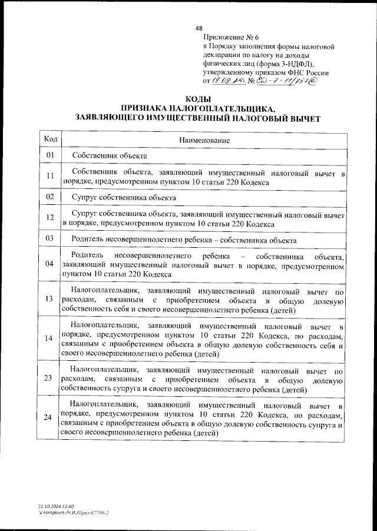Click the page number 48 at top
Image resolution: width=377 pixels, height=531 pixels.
tap(199, 28)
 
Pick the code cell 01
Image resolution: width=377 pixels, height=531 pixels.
tap(50, 155)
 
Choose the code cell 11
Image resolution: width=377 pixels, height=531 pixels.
tap(50, 176)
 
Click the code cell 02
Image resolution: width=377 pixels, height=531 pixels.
tap(50, 197)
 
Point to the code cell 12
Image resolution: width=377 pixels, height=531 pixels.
tap(50, 218)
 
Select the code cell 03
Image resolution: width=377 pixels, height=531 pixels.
tap(50, 238)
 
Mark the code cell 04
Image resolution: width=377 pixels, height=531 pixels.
tap(50, 264)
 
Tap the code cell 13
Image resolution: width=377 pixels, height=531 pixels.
tap(50, 298)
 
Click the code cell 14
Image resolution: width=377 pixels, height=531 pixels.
tap(50, 338)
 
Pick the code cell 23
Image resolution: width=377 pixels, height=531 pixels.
tap(50, 377)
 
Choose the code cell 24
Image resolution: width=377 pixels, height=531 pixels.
tap(50, 417)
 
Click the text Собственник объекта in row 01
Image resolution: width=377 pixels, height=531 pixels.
tap(109, 155)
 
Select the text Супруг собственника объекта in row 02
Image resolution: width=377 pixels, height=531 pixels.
tap(123, 197)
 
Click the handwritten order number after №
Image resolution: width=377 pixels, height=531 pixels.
tap(289, 82)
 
